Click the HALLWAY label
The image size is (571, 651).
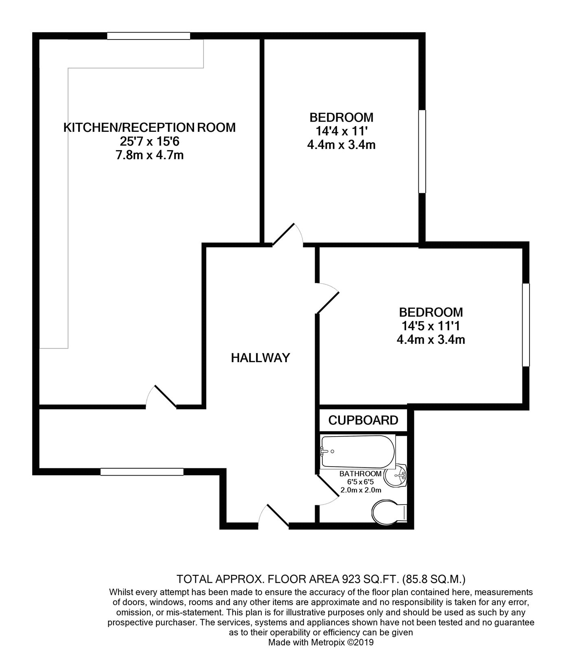click(x=260, y=358)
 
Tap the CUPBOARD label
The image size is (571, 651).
click(x=363, y=420)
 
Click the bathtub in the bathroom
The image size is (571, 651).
click(x=358, y=452)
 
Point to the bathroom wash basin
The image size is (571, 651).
click(x=396, y=475)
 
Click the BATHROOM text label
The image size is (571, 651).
click(x=361, y=474)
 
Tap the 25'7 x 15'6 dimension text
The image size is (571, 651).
click(x=149, y=141)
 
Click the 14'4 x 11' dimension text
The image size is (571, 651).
click(x=341, y=131)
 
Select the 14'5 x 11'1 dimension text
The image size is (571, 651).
click(x=431, y=326)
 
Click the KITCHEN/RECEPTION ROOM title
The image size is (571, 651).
click(x=149, y=127)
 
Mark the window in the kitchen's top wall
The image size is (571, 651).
click(x=149, y=36)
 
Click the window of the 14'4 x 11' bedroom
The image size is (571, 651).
click(x=422, y=151)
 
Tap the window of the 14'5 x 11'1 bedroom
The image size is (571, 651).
click(x=526, y=325)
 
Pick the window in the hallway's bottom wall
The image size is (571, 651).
click(x=142, y=472)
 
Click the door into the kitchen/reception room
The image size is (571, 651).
click(x=161, y=395)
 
